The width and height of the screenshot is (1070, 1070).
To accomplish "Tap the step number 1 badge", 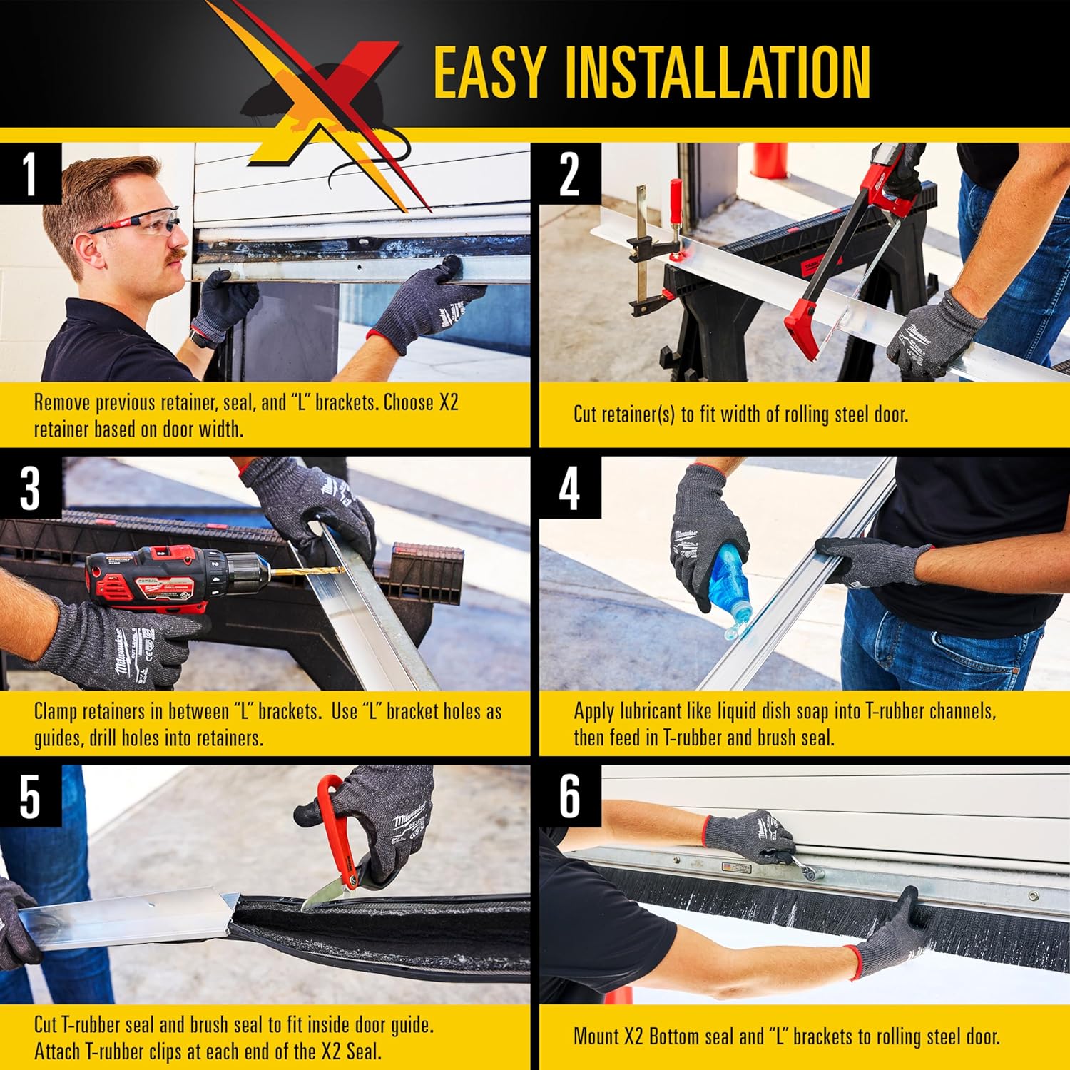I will [x=29, y=173].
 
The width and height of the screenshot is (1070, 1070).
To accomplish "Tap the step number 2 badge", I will [x=569, y=173].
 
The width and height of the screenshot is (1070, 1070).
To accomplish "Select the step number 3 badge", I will [x=29, y=489].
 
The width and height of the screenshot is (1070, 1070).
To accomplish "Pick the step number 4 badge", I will [x=569, y=489].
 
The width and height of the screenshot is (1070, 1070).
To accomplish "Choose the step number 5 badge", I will [x=29, y=797].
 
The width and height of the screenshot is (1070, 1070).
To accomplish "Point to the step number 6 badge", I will [x=569, y=797].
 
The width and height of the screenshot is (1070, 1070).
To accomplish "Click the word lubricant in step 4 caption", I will [x=648, y=711].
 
